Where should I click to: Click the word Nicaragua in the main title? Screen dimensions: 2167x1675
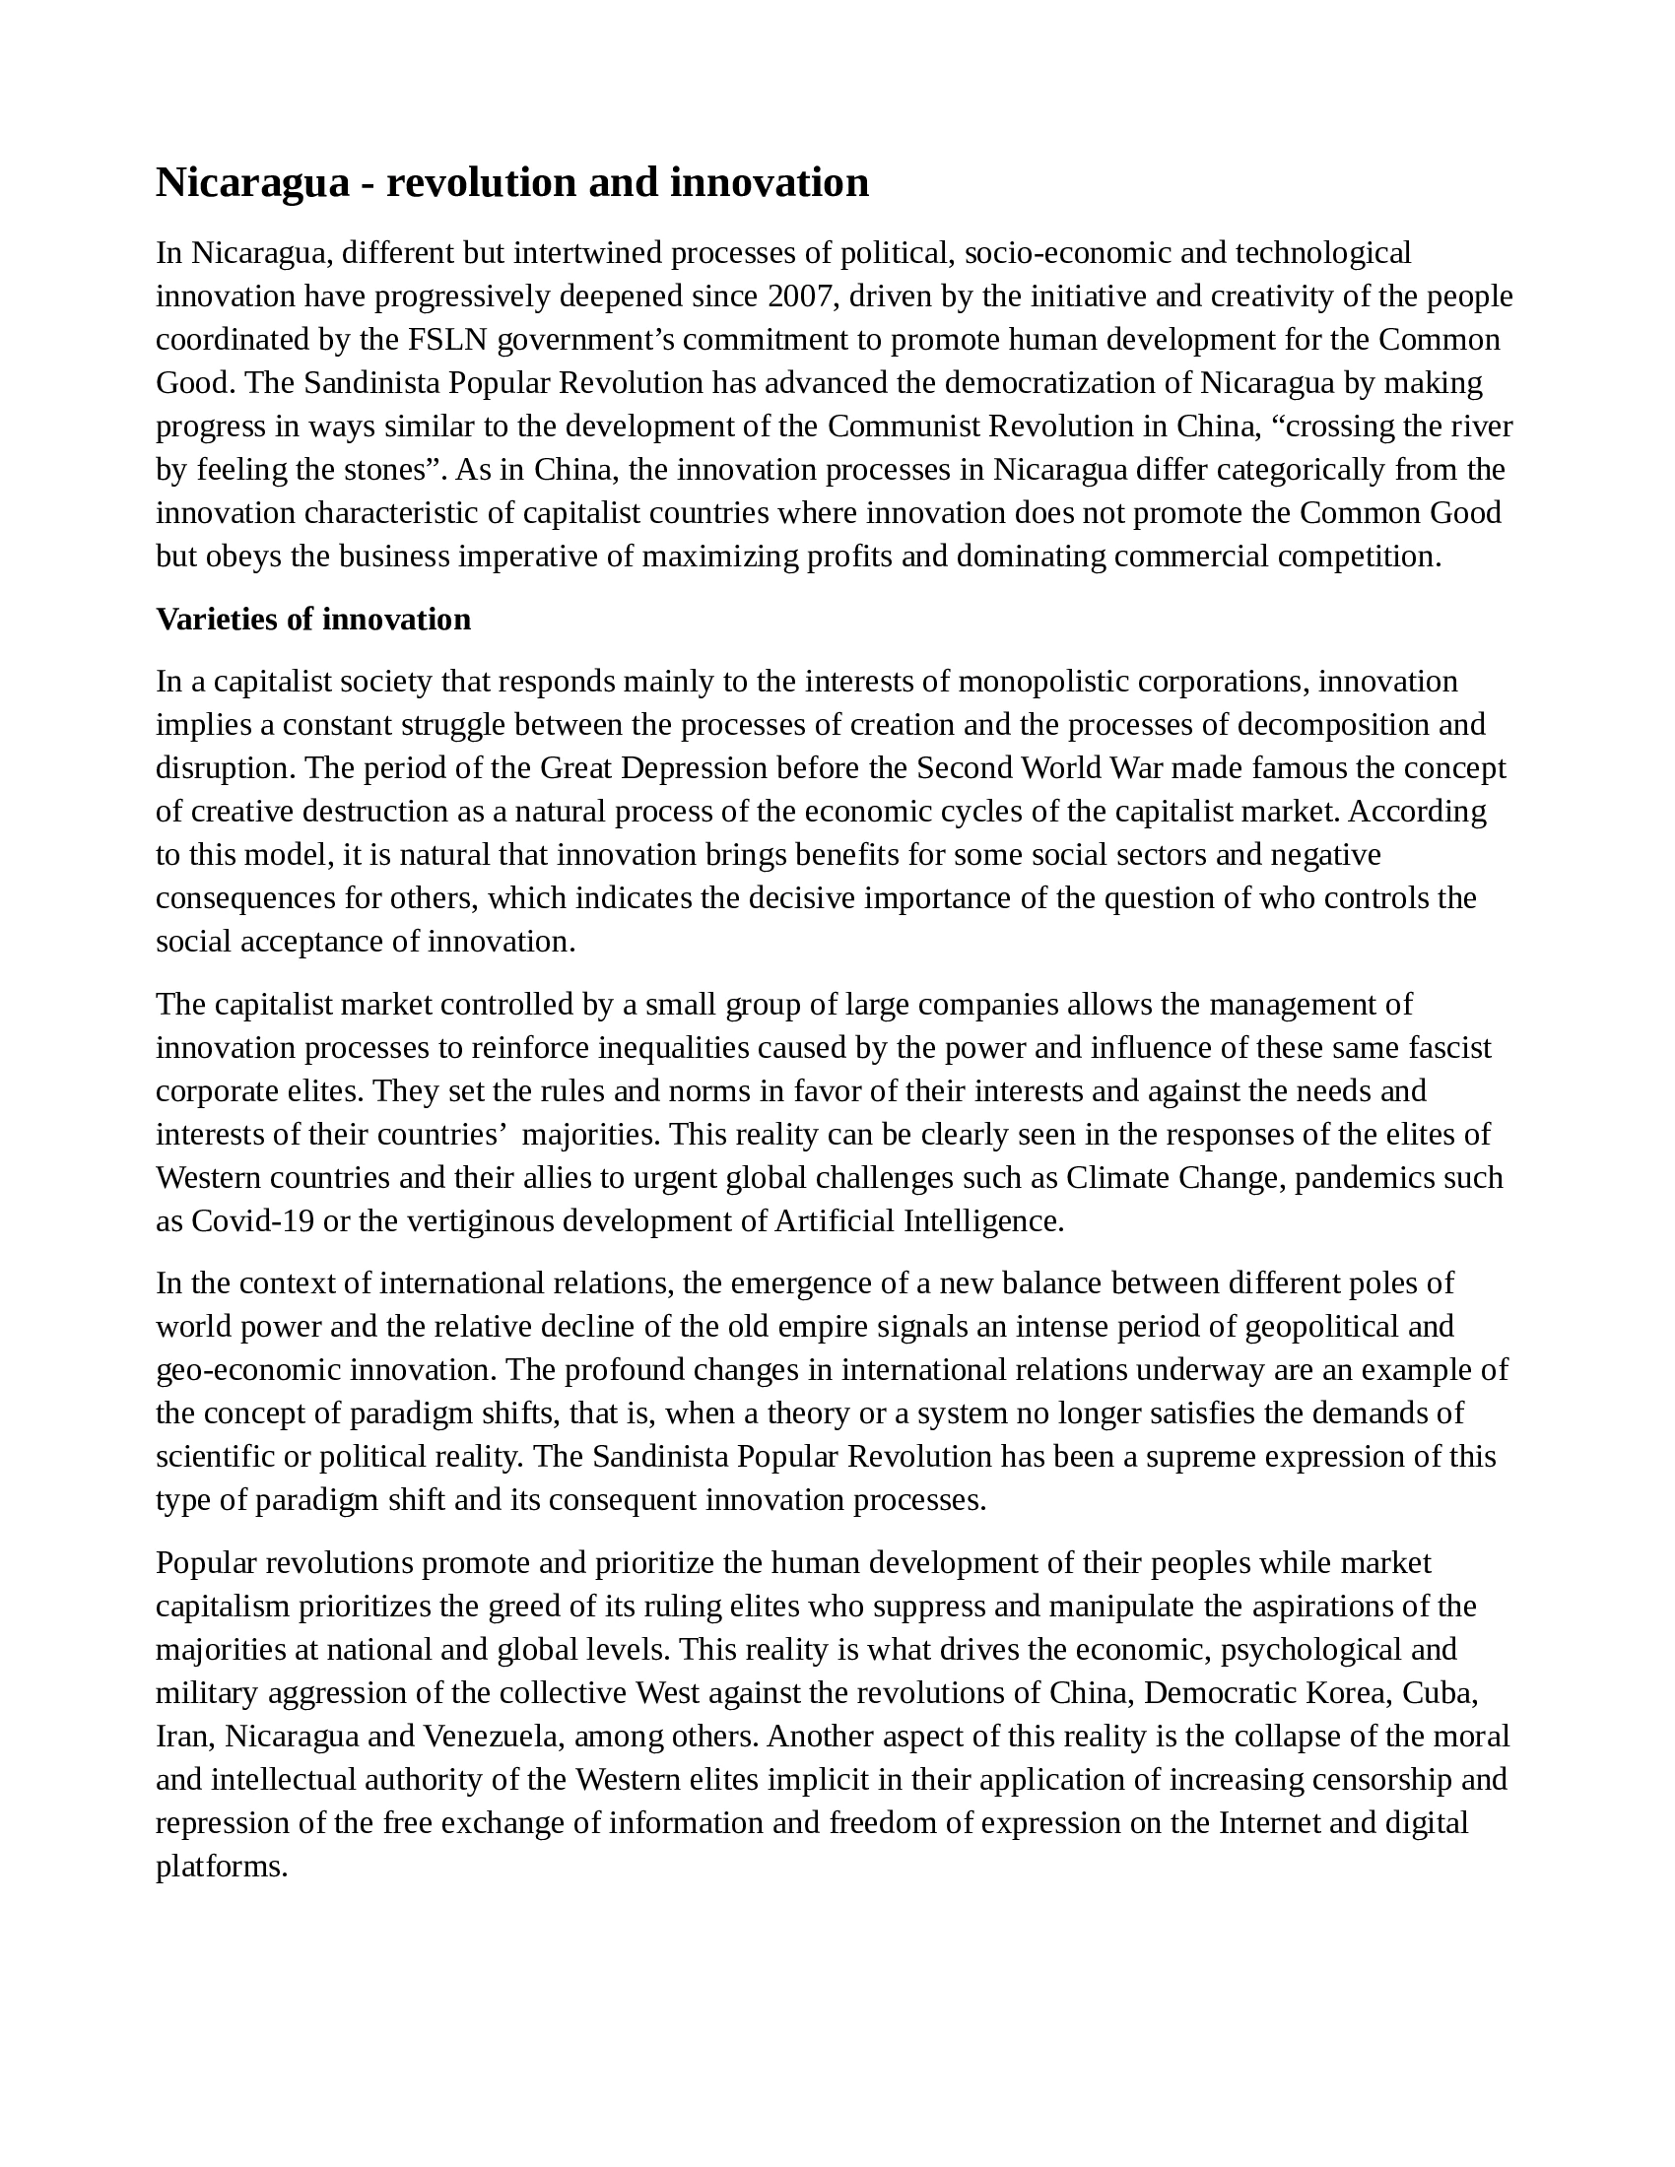coord(253,182)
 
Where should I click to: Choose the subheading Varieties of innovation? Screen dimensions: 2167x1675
coord(313,620)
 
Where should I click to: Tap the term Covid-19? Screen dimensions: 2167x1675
coord(252,1220)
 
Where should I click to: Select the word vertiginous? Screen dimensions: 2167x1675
coord(476,1220)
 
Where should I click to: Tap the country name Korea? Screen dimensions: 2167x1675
coord(1348,1692)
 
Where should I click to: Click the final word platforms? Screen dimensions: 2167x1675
coord(222,1867)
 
